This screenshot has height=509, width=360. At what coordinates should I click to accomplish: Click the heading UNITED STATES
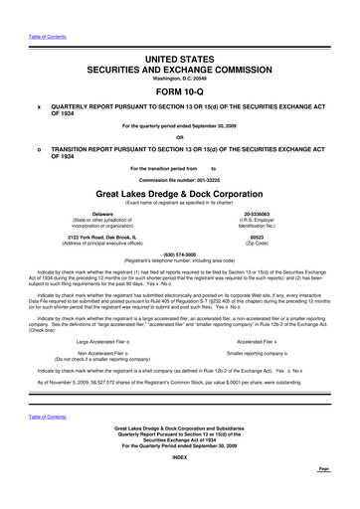(x=180, y=61)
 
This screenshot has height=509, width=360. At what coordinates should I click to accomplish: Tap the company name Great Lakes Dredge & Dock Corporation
(x=180, y=192)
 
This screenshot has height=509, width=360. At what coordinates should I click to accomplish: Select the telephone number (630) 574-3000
(x=180, y=253)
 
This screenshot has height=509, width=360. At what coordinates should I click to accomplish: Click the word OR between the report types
(x=180, y=137)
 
